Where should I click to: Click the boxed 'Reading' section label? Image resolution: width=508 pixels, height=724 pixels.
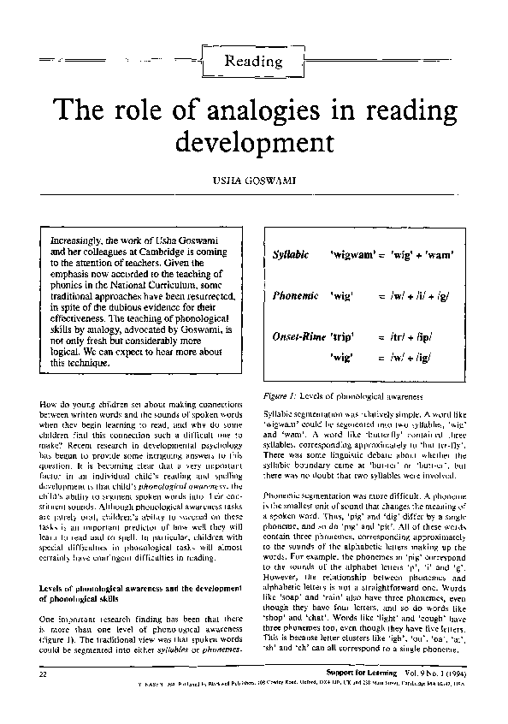(x=253, y=61)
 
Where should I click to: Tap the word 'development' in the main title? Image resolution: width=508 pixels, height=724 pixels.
(x=253, y=142)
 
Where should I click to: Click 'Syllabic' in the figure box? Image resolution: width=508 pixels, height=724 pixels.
(x=290, y=256)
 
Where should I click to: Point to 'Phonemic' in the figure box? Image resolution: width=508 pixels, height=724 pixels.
(x=293, y=295)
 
